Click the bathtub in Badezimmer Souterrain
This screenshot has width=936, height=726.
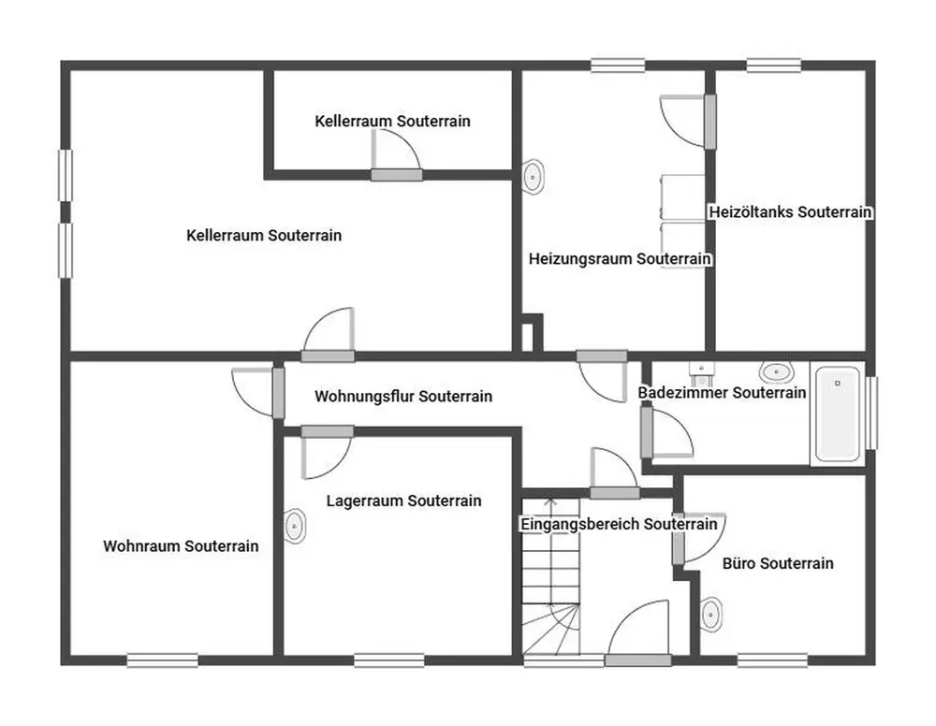click(838, 414)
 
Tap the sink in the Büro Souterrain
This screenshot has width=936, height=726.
click(711, 613)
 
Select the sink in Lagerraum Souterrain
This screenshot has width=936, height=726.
click(294, 526)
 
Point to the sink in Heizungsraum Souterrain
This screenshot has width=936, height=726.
click(533, 176)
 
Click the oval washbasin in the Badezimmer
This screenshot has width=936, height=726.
click(776, 372)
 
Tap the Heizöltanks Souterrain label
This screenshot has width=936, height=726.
click(790, 211)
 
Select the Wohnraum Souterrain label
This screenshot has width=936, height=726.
click(181, 545)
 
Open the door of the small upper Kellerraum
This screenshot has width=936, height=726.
click(396, 155)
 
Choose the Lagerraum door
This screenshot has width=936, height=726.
click(327, 452)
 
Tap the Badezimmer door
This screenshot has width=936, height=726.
click(666, 430)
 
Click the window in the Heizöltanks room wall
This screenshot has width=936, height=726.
click(774, 65)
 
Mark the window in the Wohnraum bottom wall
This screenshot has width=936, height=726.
click(162, 661)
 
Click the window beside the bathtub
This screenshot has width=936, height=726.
click(871, 413)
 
